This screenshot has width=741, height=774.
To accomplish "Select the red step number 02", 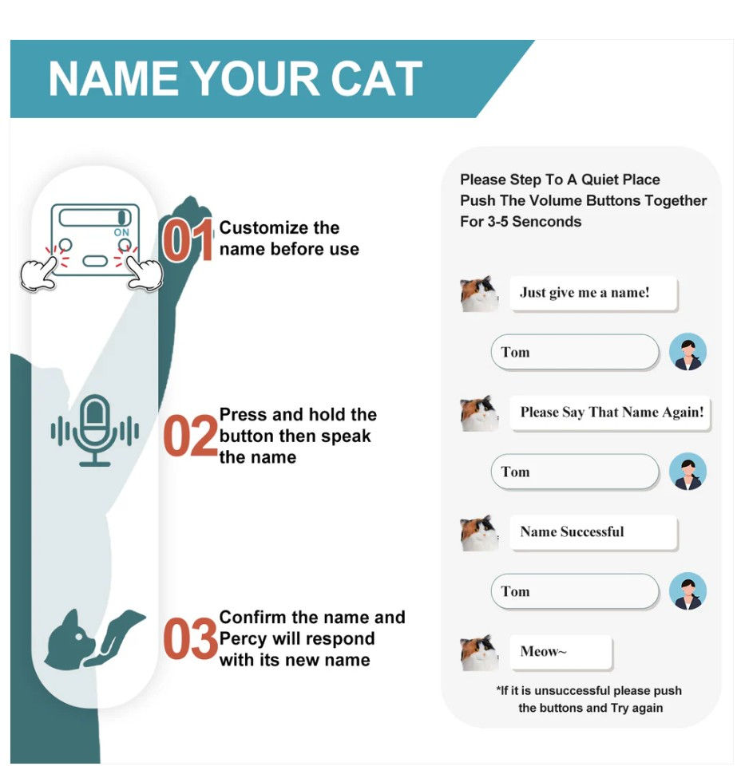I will click(x=190, y=436).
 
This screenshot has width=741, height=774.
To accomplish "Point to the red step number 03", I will click(x=190, y=639).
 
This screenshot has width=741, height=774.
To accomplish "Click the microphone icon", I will click(x=95, y=430).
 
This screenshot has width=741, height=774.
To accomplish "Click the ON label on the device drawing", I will click(x=121, y=232).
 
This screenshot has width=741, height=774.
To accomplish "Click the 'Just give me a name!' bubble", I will click(x=593, y=293).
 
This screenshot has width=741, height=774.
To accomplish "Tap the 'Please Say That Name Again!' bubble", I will click(x=611, y=413).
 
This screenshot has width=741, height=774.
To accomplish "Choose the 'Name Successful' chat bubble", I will click(x=593, y=532).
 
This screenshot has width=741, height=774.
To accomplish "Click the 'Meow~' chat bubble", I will click(x=561, y=652).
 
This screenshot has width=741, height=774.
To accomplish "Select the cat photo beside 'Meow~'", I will click(x=479, y=652).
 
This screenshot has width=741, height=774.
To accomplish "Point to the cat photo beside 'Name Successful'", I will click(x=479, y=532).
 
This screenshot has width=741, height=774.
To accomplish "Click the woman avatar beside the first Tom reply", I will click(x=687, y=352).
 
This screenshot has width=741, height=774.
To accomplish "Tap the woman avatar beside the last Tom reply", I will click(x=687, y=591).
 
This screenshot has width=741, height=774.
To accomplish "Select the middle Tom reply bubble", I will click(x=574, y=472).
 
